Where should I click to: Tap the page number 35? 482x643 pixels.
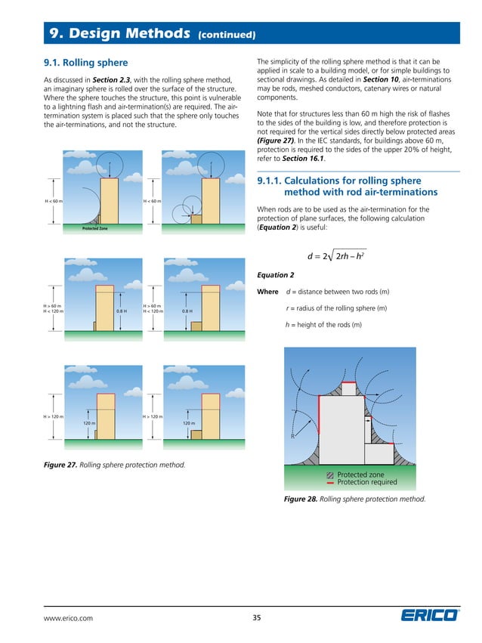coord(256,618)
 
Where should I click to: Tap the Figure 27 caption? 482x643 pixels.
coord(113,463)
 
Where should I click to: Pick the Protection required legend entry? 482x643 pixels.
coord(366,482)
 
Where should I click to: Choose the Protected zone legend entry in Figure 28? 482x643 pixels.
coord(360,475)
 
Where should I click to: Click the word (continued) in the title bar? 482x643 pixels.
coord(226,35)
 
